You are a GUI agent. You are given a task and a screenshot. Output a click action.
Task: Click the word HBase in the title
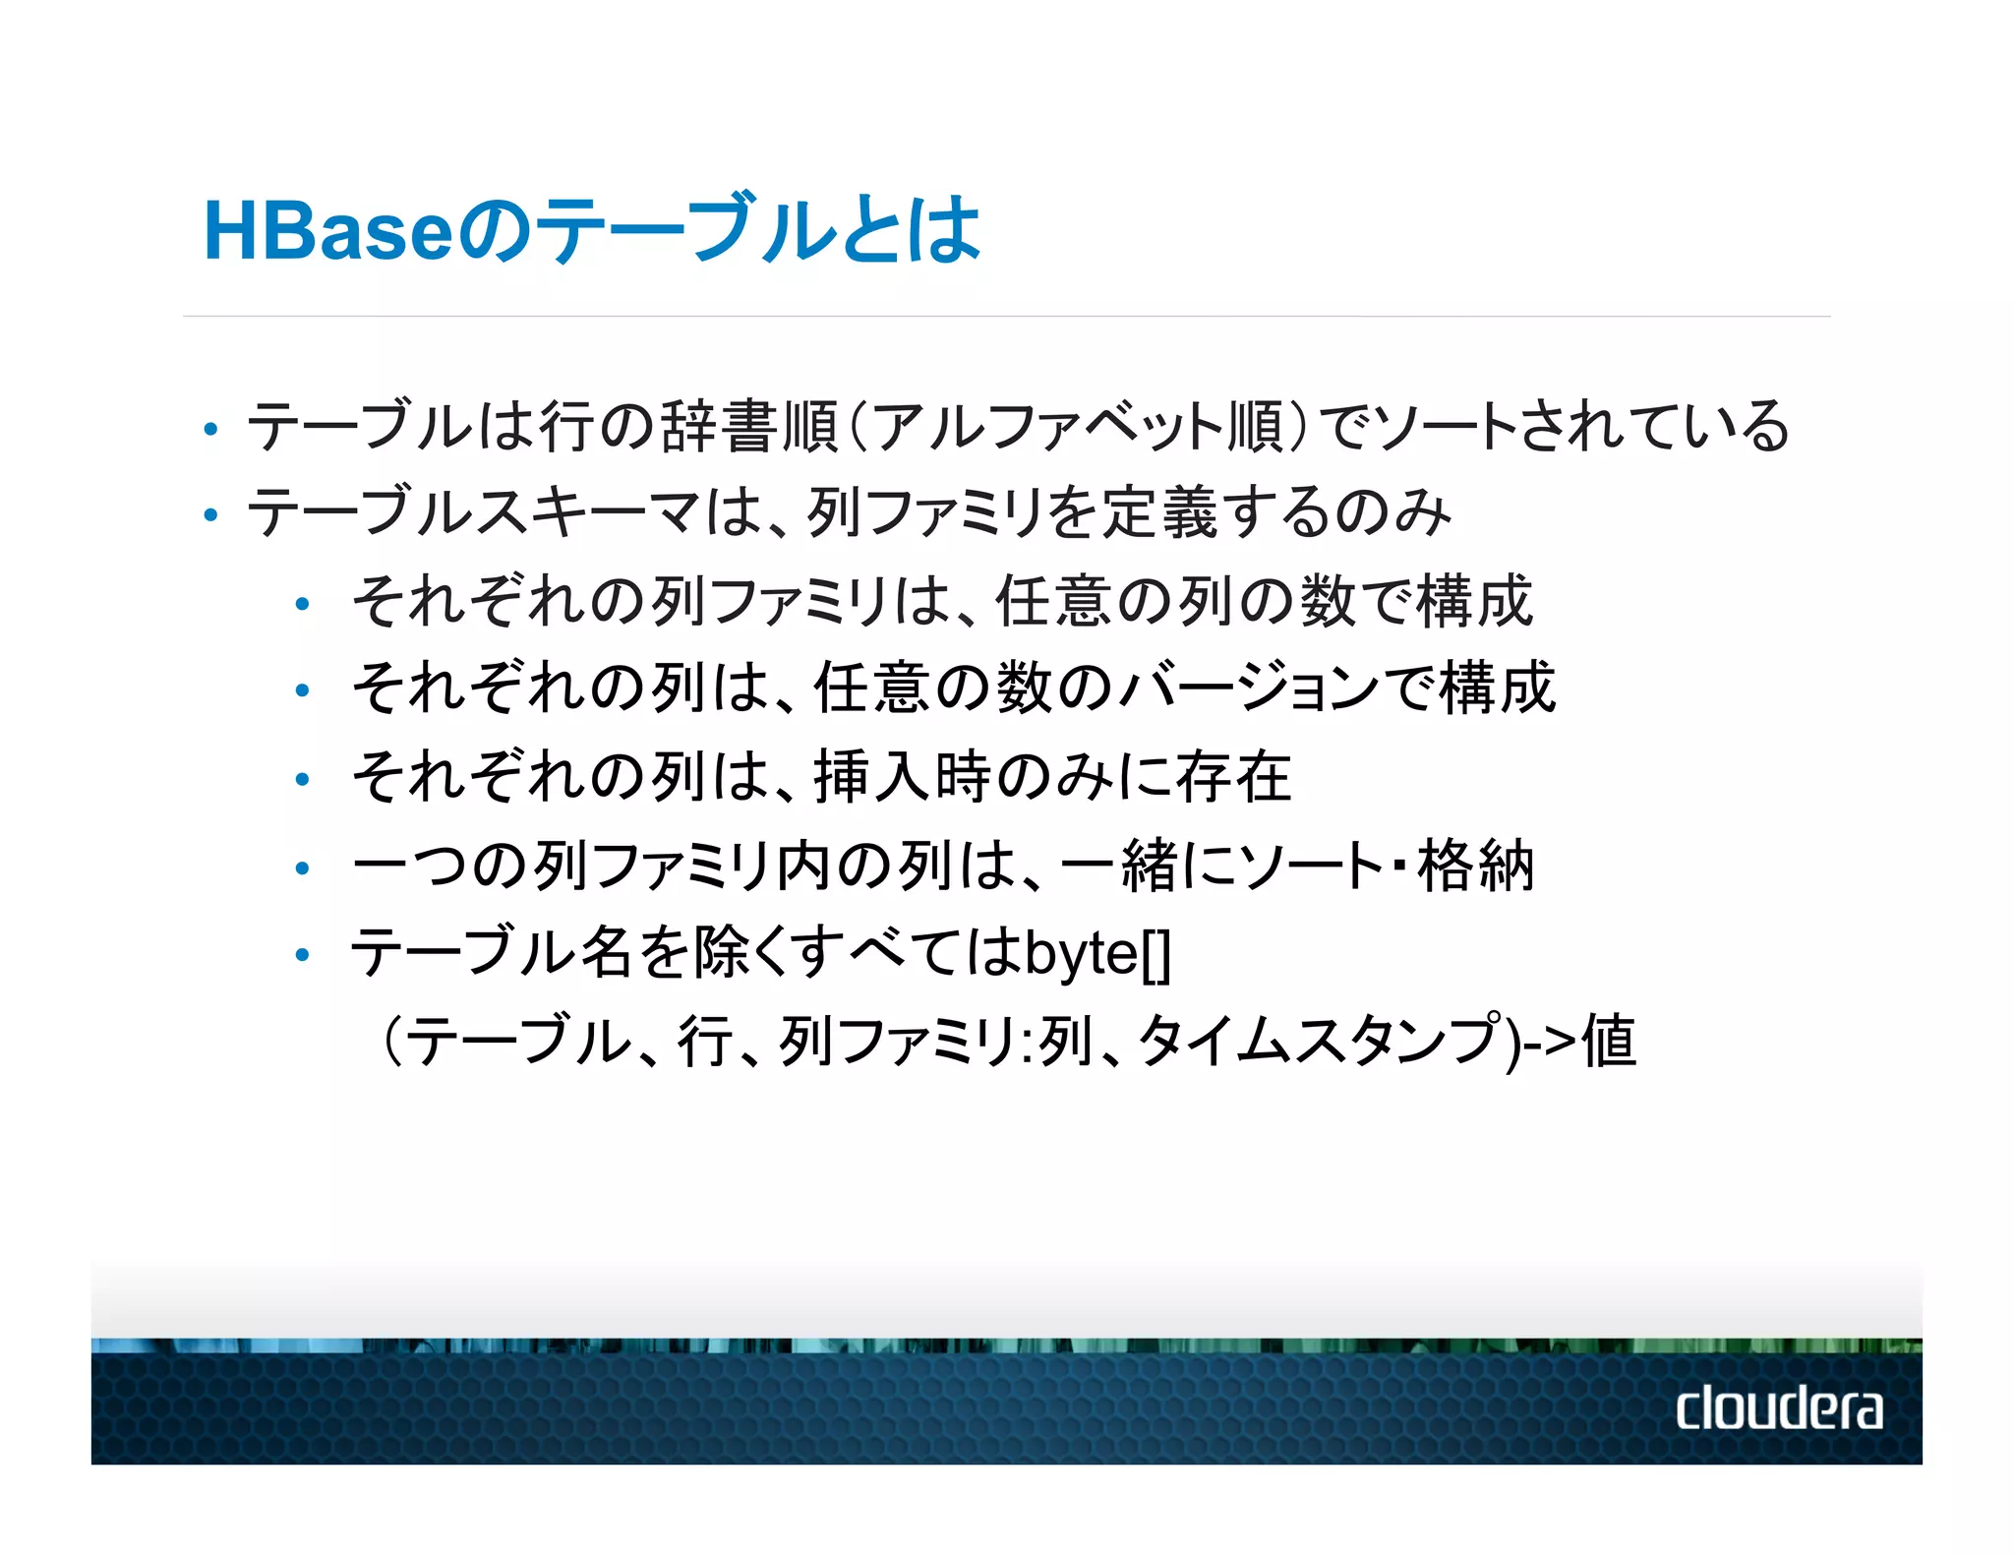[x=327, y=232]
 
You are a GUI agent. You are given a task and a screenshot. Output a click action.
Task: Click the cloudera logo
[x=1779, y=1407]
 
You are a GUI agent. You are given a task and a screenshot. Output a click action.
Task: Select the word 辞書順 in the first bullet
[x=749, y=427]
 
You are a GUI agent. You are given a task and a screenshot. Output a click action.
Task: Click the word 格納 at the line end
[x=1475, y=866]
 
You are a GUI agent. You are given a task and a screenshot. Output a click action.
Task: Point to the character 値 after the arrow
[x=1609, y=1041]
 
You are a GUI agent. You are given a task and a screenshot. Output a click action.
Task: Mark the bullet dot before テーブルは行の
[x=209, y=430]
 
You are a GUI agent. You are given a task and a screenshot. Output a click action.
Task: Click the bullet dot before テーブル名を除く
[x=303, y=954]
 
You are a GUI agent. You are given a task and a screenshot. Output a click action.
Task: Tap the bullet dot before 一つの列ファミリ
[x=303, y=868]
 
